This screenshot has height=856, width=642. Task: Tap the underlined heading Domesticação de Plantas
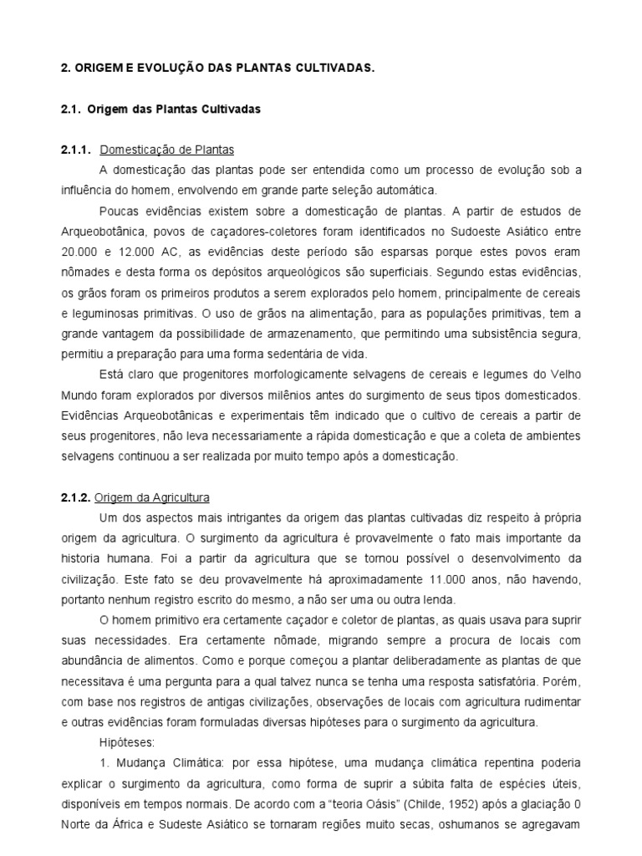167,150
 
